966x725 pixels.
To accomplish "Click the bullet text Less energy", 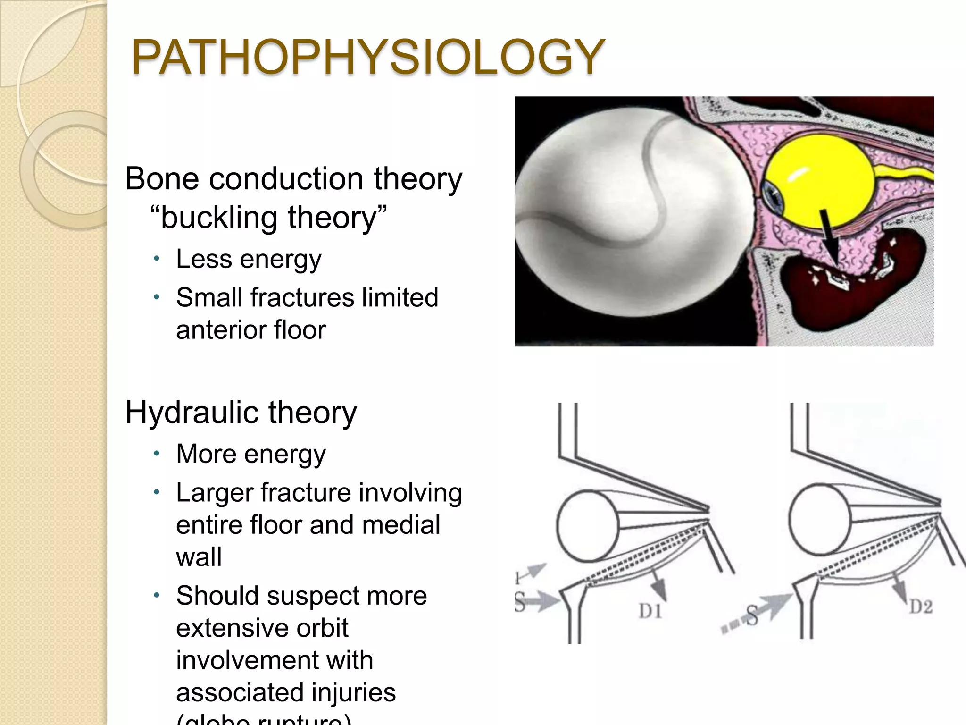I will [249, 259].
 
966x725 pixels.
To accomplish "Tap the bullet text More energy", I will [250, 454].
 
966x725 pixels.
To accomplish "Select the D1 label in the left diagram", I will [650, 612].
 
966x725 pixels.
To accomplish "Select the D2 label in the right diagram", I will [921, 607].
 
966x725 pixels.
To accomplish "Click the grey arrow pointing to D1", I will [658, 585].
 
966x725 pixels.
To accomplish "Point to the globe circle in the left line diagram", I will [588, 525].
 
